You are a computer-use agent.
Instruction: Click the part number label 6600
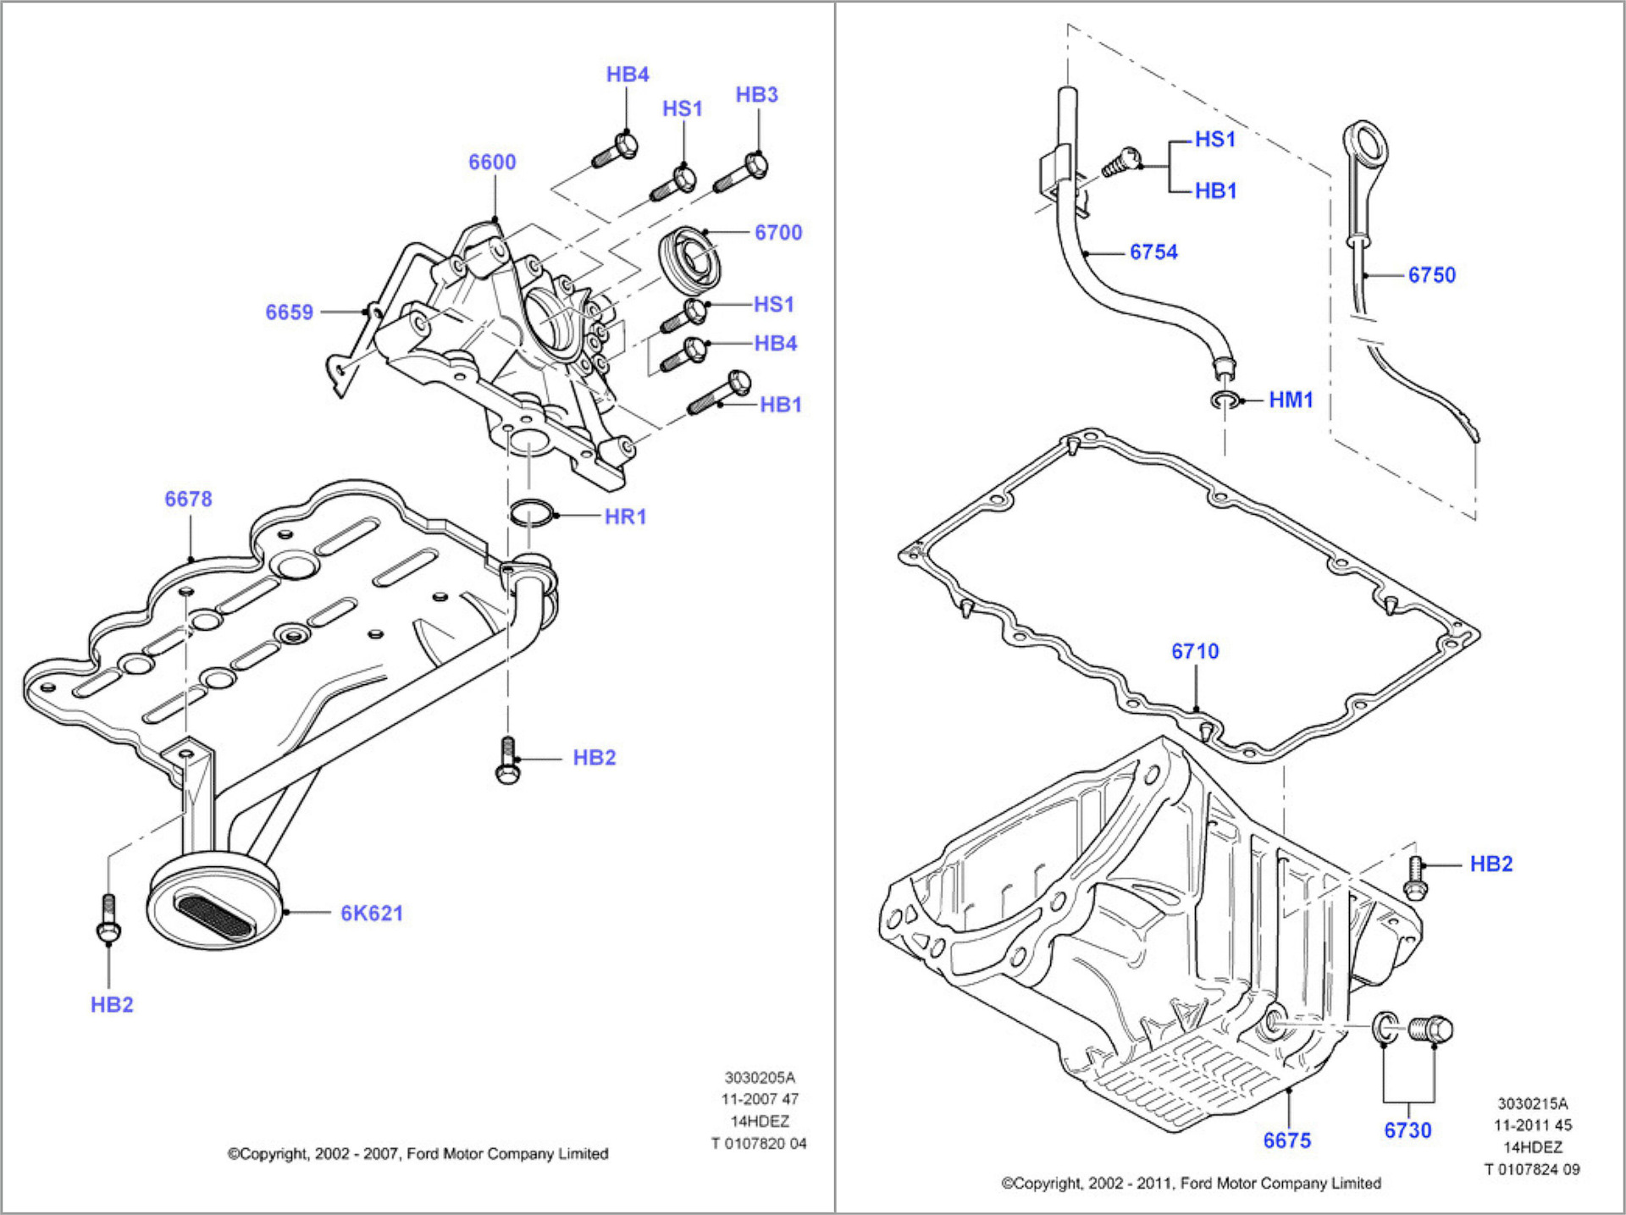pos(492,162)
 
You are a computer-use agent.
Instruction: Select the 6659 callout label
pos(289,312)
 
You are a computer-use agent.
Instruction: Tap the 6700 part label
pos(777,232)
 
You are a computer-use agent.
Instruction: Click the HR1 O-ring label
pos(625,516)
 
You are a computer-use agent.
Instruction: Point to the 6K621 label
pos(372,913)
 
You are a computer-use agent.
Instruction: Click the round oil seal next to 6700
pos(690,260)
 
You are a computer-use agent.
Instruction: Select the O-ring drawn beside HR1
pos(531,512)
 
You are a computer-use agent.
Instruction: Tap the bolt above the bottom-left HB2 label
pos(108,919)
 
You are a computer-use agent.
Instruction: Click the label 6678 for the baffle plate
pos(188,499)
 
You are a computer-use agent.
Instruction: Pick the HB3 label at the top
pos(756,95)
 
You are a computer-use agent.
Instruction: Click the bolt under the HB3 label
pos(743,173)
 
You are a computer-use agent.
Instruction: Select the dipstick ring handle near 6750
pos(1365,145)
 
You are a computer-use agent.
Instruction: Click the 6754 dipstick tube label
pos(1153,252)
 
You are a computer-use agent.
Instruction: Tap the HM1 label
pos(1290,400)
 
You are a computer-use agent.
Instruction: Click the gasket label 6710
pos(1195,651)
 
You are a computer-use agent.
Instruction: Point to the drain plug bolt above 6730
pos(1431,1030)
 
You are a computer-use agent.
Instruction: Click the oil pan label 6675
pos(1286,1140)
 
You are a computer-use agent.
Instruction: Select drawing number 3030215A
pos(1532,1103)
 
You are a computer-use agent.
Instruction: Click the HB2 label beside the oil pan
pos(1490,864)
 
